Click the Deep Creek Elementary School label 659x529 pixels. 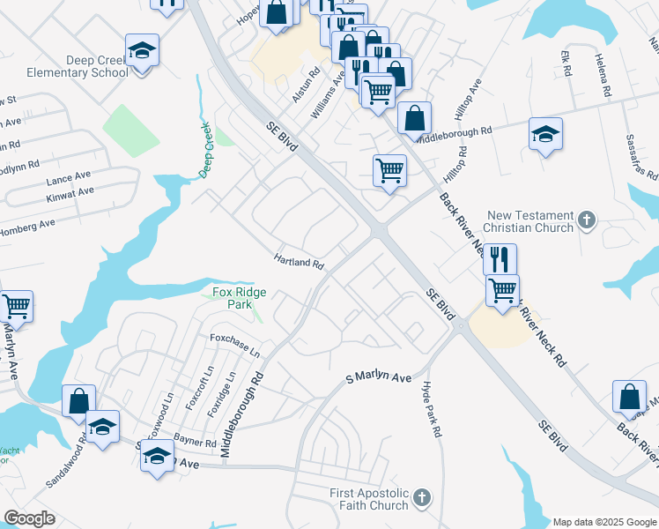pyautogui.click(x=78, y=66)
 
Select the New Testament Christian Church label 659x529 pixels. pyautogui.click(x=529, y=221)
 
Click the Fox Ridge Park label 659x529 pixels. pyautogui.click(x=240, y=298)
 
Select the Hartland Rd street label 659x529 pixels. pyautogui.click(x=299, y=263)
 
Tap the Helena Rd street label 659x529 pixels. pyautogui.click(x=603, y=73)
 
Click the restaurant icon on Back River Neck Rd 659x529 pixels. pyautogui.click(x=499, y=258)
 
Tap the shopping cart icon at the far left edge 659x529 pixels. pyautogui.click(x=16, y=306)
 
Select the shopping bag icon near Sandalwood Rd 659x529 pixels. pyautogui.click(x=78, y=399)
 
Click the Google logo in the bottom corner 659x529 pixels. pyautogui.click(x=30, y=518)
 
